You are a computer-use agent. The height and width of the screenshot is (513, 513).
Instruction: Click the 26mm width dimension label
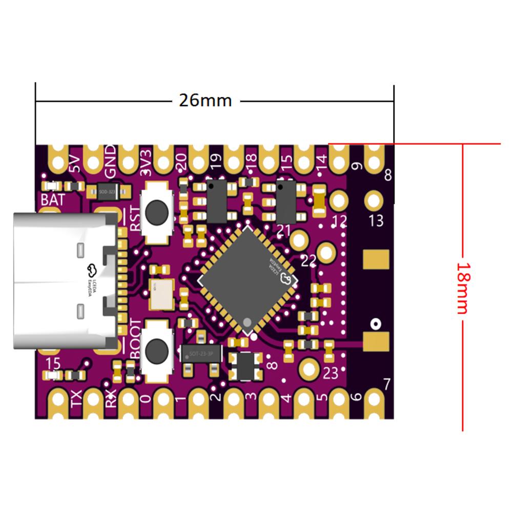click(205, 100)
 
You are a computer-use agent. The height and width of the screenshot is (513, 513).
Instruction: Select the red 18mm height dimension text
click(463, 288)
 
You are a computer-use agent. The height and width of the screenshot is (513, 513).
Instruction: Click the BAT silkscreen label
click(53, 200)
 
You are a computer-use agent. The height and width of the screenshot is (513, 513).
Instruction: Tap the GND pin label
click(110, 154)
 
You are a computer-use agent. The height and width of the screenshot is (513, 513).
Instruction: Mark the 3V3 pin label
click(146, 162)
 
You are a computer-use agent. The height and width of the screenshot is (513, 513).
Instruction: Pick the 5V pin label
click(75, 163)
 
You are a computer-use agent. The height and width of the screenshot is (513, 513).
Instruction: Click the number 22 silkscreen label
click(309, 261)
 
